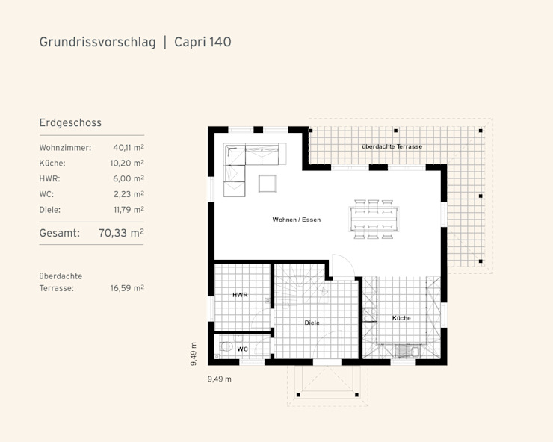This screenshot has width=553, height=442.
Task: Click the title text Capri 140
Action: pos(203,42)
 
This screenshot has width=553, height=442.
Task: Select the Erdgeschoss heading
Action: pos(70,122)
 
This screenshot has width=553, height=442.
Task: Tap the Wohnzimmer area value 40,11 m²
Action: pos(129,147)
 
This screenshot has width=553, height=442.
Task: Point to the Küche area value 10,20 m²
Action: pos(127,163)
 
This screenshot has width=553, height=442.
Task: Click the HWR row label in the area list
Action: pos(50,178)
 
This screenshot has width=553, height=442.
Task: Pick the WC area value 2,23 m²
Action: pos(129,194)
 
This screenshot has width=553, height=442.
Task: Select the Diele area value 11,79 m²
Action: pos(129,210)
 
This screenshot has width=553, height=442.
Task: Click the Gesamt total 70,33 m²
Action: pos(121,233)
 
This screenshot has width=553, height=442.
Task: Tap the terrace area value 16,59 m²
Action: pos(127,288)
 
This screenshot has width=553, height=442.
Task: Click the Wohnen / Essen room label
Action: pos(297,220)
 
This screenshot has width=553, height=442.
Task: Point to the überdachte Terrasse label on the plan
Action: pos(392,146)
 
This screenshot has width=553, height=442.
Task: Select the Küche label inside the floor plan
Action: pos(401,318)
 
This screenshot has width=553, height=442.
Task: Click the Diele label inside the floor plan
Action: pos(312,323)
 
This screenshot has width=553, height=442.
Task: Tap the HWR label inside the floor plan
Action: pos(240,295)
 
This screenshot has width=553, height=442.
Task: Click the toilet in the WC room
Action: pos(225,346)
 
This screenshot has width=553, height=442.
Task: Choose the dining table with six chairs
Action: pos(374,220)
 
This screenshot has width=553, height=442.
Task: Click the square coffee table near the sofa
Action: pos(268,184)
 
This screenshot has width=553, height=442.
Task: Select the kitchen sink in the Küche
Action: pos(407,351)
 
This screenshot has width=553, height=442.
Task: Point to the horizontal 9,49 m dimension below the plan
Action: pos(220,379)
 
